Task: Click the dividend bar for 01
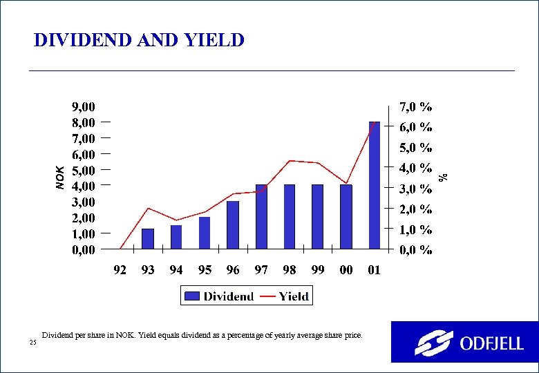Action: click(x=375, y=185)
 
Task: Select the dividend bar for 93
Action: click(x=148, y=238)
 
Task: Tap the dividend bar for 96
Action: click(x=233, y=224)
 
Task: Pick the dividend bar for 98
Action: click(x=290, y=216)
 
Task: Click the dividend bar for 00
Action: click(x=346, y=216)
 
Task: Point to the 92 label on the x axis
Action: click(x=120, y=271)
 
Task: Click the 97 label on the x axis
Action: click(x=261, y=271)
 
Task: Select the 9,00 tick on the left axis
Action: click(x=84, y=107)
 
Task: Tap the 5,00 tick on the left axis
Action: click(x=84, y=171)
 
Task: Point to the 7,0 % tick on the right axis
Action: click(x=417, y=107)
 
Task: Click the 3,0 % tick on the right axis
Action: click(x=417, y=189)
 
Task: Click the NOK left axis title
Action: click(x=60, y=176)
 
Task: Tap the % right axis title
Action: click(x=446, y=177)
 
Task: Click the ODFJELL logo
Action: click(x=464, y=342)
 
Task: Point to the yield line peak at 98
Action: click(x=290, y=161)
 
